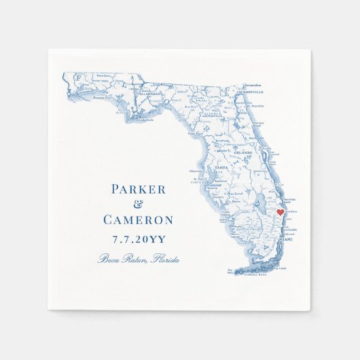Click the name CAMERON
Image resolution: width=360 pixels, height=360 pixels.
tap(138, 220)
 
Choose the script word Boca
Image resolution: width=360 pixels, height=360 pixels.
tap(108, 258)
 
